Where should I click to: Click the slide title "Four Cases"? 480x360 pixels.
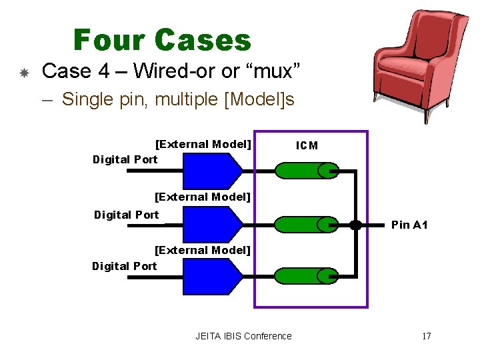click(162, 40)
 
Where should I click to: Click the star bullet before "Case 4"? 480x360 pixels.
click(23, 72)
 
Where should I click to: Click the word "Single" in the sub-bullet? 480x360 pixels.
click(87, 99)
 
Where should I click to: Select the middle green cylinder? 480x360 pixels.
click(307, 225)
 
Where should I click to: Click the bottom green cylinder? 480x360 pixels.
click(307, 276)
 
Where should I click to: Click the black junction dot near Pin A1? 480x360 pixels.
click(356, 225)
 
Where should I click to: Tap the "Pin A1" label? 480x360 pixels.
click(409, 225)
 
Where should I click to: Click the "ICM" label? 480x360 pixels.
click(307, 146)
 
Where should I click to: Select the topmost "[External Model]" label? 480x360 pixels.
click(203, 144)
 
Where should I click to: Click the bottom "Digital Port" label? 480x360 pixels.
click(125, 266)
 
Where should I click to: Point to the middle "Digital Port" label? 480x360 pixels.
click(127, 214)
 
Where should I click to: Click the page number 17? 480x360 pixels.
click(426, 336)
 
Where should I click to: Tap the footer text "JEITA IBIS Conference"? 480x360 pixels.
click(243, 336)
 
